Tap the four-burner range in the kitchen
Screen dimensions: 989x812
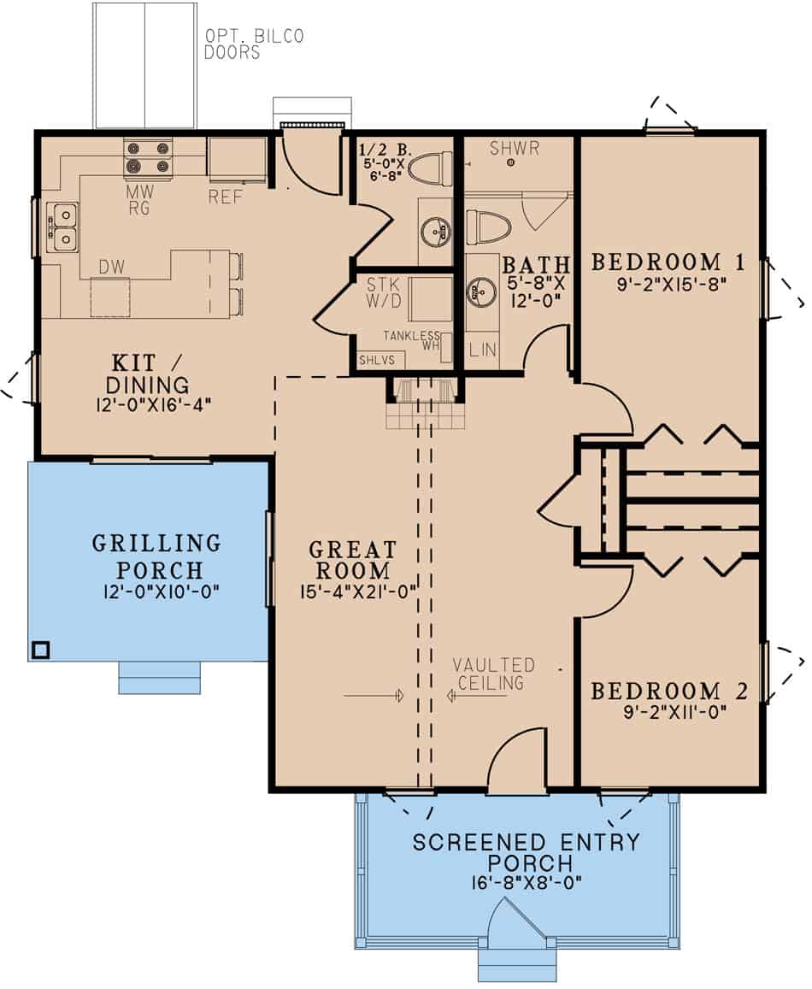(x=148, y=158)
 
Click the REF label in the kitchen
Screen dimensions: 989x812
(x=227, y=197)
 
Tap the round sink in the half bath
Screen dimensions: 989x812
(x=436, y=229)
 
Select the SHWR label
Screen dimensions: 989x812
(x=515, y=149)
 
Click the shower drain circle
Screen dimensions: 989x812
(x=510, y=162)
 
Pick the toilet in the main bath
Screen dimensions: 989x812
(x=488, y=227)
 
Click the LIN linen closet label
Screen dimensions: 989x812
(x=483, y=350)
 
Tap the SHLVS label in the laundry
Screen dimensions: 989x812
(x=377, y=360)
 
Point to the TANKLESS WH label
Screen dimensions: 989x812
(x=411, y=340)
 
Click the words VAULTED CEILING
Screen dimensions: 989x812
(x=493, y=674)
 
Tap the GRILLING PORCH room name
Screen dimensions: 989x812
(x=156, y=556)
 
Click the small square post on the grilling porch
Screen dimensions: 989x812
(x=39, y=649)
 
